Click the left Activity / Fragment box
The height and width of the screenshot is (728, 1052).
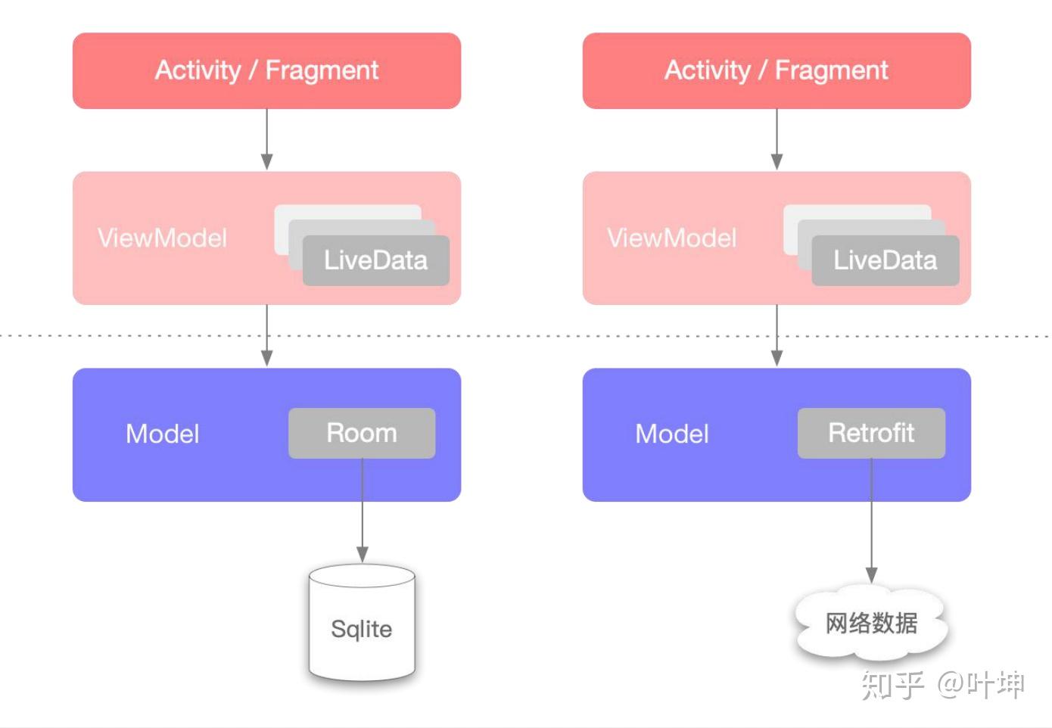click(266, 70)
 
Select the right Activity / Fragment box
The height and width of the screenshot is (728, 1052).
click(777, 70)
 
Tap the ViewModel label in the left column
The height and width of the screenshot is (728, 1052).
click(162, 238)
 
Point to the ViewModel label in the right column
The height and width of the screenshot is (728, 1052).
click(672, 238)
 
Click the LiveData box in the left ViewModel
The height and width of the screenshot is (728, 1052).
click(376, 261)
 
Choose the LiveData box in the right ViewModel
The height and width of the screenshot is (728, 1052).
click(885, 261)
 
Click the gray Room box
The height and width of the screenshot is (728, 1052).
click(362, 433)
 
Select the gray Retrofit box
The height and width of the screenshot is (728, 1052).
click(871, 433)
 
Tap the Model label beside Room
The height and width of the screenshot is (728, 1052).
click(163, 434)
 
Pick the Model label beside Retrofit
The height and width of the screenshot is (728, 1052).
click(672, 434)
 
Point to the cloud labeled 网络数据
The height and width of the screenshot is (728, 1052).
click(871, 623)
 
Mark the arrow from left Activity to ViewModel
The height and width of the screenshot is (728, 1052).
click(266, 140)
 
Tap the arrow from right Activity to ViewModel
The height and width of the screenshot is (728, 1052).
click(777, 140)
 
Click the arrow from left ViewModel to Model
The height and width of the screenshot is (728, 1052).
click(266, 337)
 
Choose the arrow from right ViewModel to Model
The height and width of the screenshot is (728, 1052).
click(777, 337)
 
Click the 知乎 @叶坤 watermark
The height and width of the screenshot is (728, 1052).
click(942, 685)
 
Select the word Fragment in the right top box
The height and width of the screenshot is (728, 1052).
click(831, 70)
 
